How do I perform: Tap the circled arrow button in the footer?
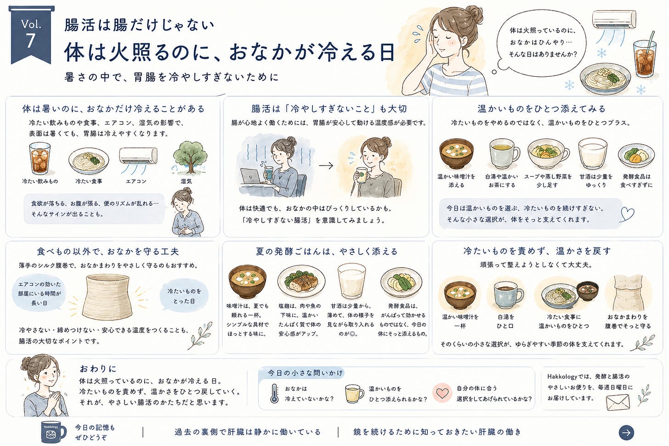coord(626,432)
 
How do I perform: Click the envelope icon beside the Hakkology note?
coord(618,402)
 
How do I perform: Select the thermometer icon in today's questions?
coord(274,394)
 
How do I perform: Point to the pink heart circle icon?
coord(442,393)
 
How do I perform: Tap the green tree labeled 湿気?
coord(190,158)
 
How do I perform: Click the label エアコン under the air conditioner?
coord(136,181)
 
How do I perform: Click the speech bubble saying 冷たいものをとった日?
coord(184,296)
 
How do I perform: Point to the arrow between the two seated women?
coord(326,165)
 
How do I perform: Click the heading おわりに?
coord(98,369)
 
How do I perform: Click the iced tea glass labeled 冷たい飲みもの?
coord(40,158)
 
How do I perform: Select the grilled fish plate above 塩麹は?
coord(301,281)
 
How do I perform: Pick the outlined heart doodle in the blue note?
coord(627,214)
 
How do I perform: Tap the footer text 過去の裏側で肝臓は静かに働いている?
coord(248,432)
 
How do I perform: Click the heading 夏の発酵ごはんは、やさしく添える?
coord(327,251)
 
